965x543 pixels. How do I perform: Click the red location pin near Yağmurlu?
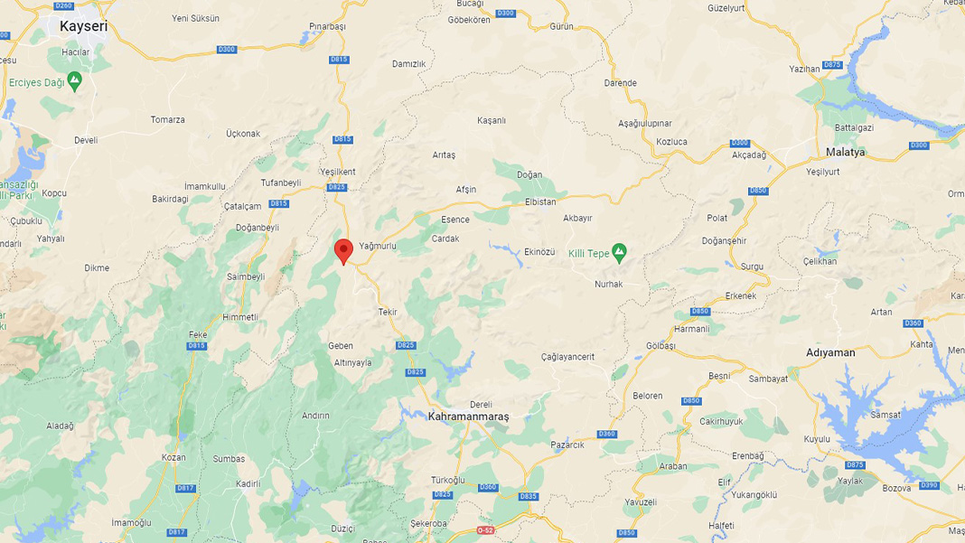tap(343, 250)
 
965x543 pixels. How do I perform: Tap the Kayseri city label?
tap(83, 26)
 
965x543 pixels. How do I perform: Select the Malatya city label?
tap(845, 152)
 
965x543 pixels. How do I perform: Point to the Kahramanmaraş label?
tap(469, 417)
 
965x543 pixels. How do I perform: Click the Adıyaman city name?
tap(830, 352)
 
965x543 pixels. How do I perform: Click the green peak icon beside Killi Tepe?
tap(619, 252)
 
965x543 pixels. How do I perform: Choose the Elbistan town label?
tap(540, 201)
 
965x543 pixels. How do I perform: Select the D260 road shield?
tap(63, 5)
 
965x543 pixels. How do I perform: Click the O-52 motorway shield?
tap(486, 530)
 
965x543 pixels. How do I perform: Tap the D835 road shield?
tap(529, 496)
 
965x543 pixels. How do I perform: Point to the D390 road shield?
tap(929, 485)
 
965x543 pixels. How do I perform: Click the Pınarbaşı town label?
tap(327, 26)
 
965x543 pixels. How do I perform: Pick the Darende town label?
tap(620, 83)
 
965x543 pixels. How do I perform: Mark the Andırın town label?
tap(315, 416)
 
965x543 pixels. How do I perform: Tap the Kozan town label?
tap(173, 457)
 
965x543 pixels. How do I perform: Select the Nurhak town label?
tap(608, 284)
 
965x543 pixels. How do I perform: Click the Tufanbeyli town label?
tap(281, 183)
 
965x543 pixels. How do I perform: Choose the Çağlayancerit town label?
tap(567, 357)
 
